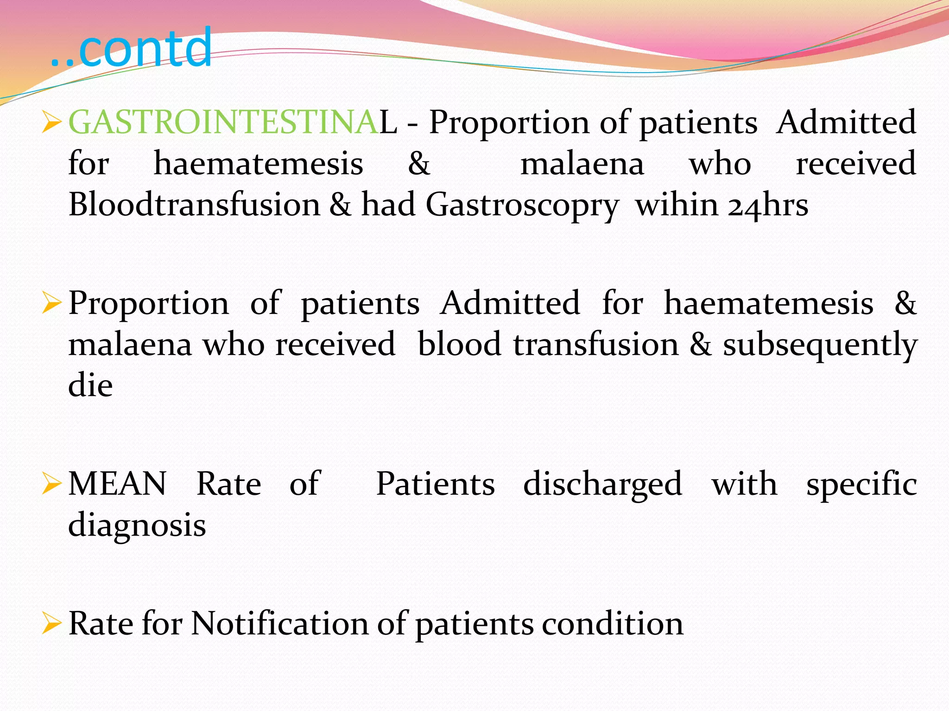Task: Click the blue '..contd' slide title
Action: coord(131,48)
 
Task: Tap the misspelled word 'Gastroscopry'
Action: coord(522,206)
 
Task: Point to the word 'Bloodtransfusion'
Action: coord(194,205)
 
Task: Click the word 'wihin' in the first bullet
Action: coord(675,205)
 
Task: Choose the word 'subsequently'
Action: coord(820,345)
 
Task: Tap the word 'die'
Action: coord(90,386)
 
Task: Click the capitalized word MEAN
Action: coord(117,484)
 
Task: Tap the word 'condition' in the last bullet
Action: coord(613,624)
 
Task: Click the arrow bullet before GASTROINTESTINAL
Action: coord(51,123)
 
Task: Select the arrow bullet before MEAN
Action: coord(51,485)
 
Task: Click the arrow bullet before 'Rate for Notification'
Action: coord(51,624)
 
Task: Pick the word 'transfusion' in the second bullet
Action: coord(595,345)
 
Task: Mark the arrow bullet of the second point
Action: coord(51,304)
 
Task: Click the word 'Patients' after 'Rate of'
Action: coord(435,484)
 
